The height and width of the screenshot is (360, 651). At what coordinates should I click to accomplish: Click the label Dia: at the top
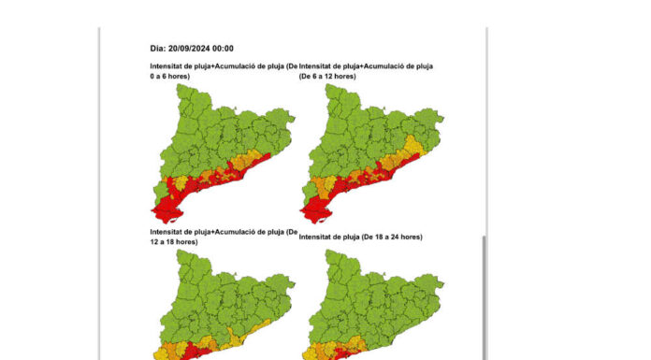[160, 49]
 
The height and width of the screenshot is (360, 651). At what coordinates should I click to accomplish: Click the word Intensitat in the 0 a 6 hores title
[170, 65]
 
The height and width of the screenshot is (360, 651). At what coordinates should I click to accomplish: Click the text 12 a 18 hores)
[179, 241]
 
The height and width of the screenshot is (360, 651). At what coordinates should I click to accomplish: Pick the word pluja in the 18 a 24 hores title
[360, 238]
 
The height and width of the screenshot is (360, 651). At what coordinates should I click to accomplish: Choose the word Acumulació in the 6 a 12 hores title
[393, 65]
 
